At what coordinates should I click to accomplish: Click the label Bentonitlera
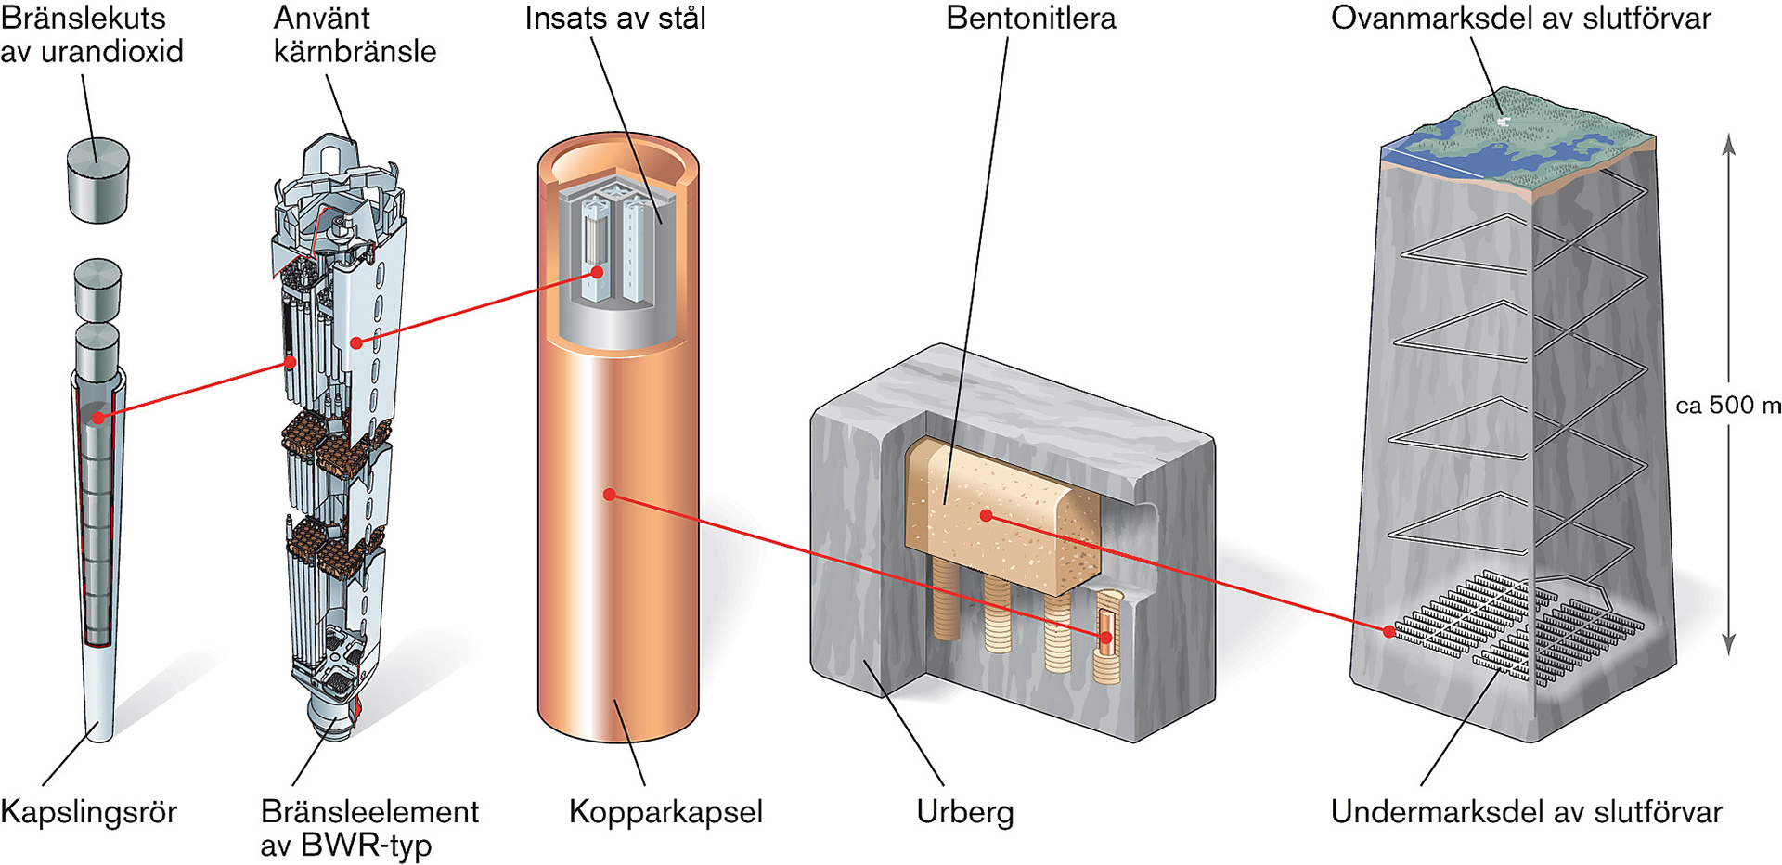(x=1030, y=19)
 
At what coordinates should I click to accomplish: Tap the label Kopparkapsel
(x=665, y=812)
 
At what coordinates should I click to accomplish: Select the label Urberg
(x=964, y=812)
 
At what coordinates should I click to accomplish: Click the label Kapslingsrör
(x=88, y=812)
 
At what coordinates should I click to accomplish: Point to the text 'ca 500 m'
(x=1728, y=406)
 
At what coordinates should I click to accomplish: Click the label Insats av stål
(x=615, y=19)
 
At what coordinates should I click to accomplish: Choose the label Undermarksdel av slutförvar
(x=1526, y=812)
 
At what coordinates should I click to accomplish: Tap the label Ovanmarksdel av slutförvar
(x=1520, y=19)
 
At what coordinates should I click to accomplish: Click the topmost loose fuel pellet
(x=97, y=180)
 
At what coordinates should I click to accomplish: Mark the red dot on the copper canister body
(x=610, y=495)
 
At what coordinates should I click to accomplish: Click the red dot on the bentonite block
(x=986, y=515)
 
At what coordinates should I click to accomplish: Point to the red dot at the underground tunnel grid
(x=1389, y=631)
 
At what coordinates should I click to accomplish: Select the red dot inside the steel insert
(x=599, y=272)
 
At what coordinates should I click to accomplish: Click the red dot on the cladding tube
(x=98, y=417)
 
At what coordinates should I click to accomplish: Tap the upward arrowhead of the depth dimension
(x=1728, y=141)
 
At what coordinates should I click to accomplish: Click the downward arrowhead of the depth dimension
(x=1728, y=646)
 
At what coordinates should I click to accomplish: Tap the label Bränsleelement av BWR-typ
(x=368, y=828)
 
